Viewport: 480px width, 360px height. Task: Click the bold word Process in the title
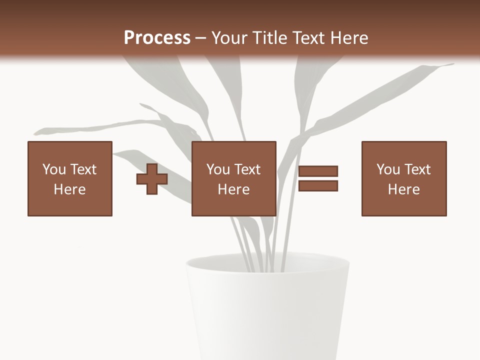157,38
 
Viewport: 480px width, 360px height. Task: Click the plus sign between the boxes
152,179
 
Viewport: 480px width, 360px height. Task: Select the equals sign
318,178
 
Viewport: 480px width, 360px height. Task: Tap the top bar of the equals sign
318,171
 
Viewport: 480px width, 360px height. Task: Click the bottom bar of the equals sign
318,186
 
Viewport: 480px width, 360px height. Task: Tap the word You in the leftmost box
54,169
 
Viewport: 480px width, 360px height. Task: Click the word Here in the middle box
234,189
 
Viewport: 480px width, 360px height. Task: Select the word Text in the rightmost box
418,169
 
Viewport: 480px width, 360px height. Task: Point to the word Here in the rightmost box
404,189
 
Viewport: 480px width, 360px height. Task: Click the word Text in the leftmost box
83,169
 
